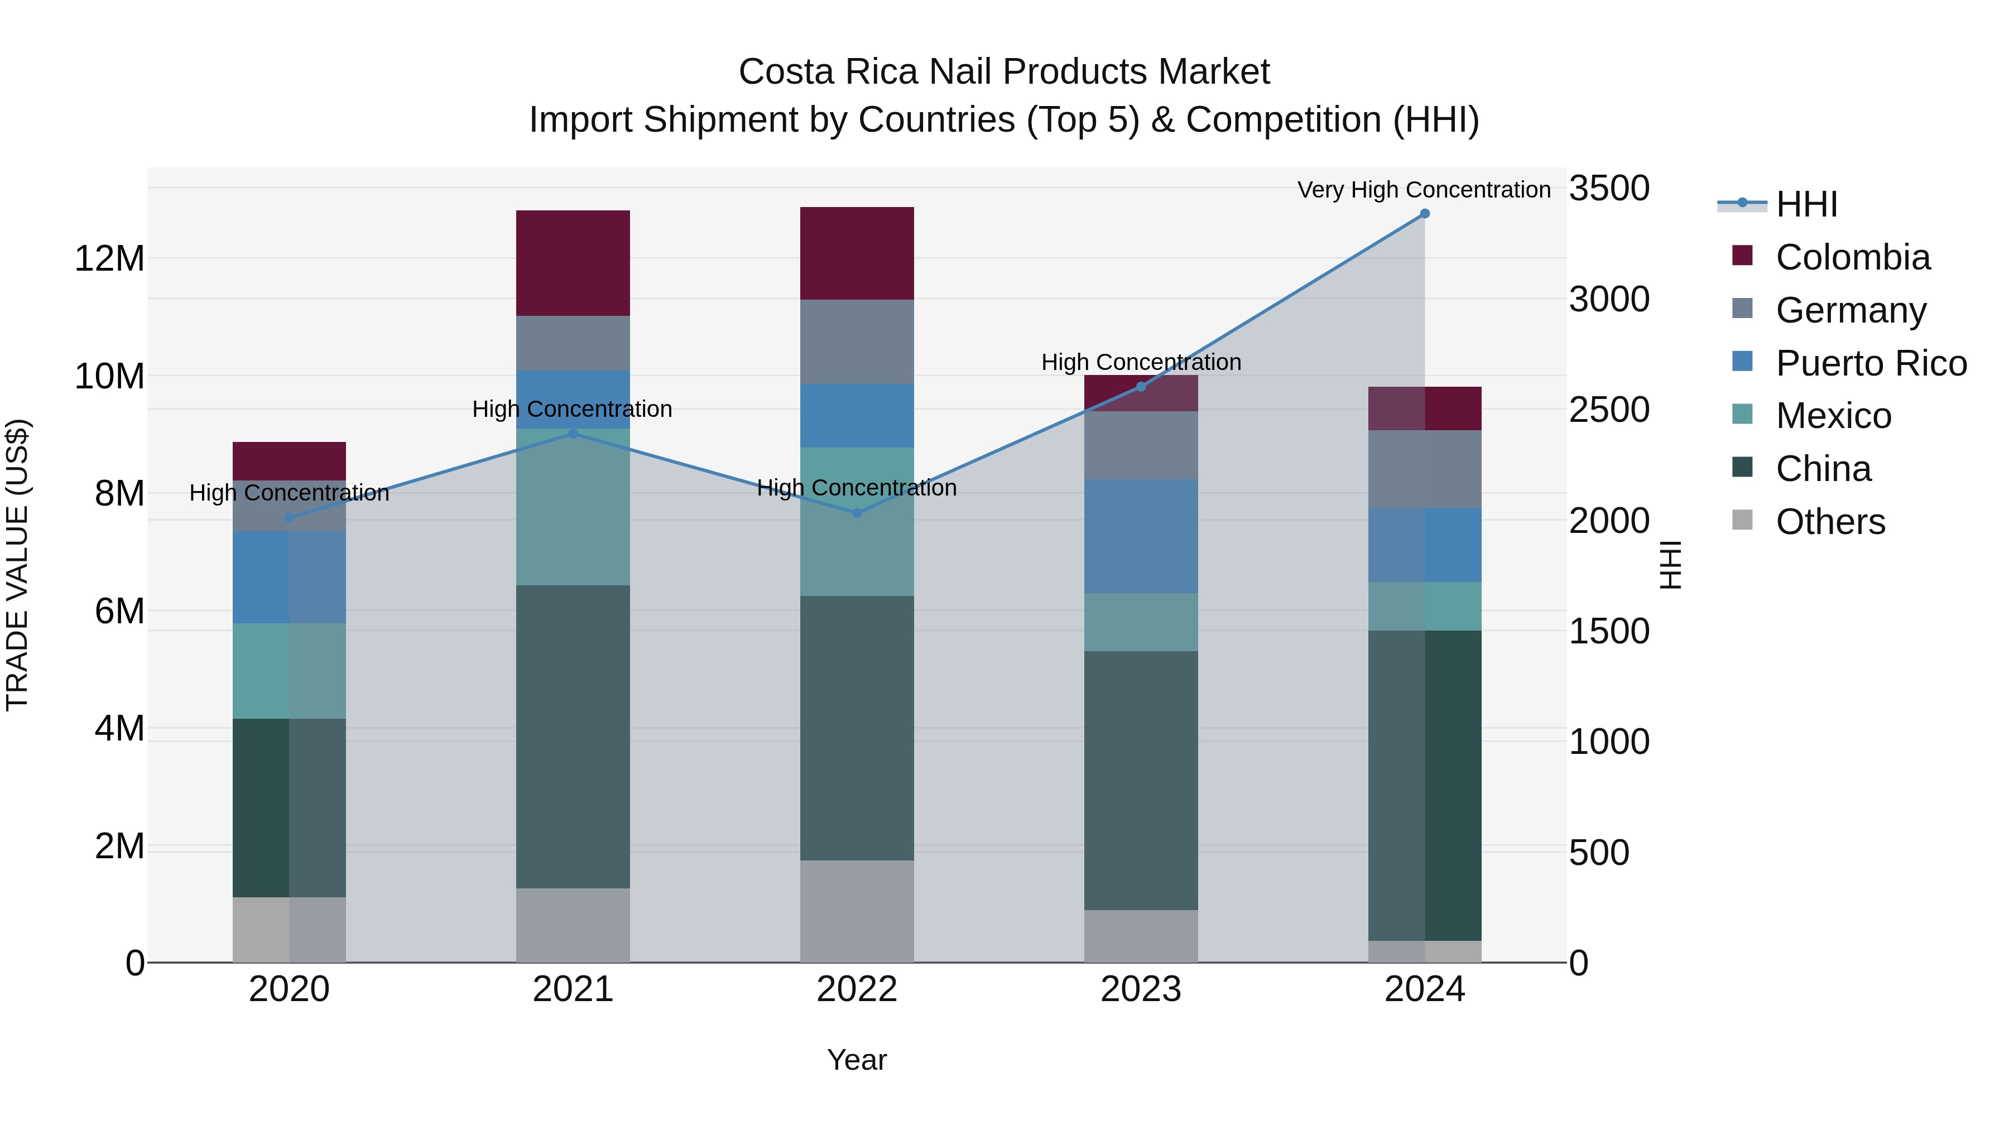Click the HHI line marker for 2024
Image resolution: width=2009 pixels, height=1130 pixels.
[1424, 214]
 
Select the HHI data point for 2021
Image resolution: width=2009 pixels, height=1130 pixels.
[573, 434]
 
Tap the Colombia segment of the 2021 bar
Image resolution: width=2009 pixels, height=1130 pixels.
[573, 263]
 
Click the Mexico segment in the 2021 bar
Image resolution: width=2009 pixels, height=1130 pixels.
[573, 507]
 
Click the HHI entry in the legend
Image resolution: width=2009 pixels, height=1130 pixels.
[1806, 204]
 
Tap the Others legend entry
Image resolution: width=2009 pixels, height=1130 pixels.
[1830, 522]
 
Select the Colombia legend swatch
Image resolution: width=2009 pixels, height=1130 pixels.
[1742, 256]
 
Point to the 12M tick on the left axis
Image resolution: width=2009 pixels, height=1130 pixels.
[109, 258]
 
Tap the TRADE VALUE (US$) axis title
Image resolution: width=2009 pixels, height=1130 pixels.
[17, 565]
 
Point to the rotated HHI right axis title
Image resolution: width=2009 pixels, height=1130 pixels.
[1670, 565]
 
